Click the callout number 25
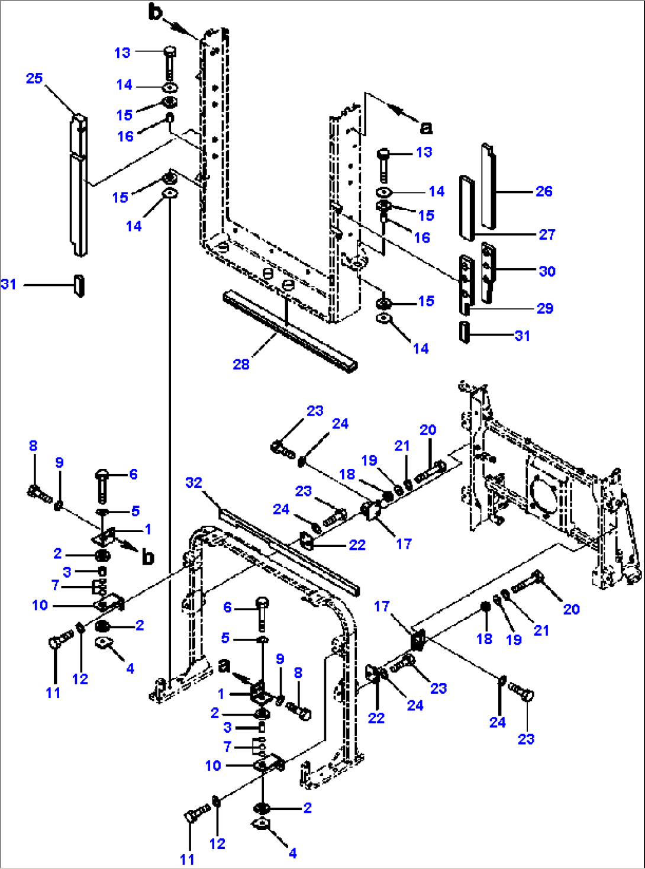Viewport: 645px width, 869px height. (x=34, y=78)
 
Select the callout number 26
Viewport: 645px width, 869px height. (x=544, y=191)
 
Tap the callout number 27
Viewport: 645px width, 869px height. (x=547, y=234)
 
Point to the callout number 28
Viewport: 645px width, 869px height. (x=241, y=364)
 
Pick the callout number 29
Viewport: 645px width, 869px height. (x=545, y=308)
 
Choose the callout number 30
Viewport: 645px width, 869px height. (x=547, y=271)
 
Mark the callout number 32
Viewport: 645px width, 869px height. (x=193, y=482)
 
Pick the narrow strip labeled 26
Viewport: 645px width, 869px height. (x=488, y=185)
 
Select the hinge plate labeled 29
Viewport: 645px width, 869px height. (x=466, y=283)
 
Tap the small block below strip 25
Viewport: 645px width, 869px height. (x=79, y=285)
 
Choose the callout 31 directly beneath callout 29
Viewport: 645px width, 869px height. (x=522, y=336)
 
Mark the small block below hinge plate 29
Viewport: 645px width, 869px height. (x=465, y=331)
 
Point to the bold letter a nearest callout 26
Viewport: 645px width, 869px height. (x=426, y=127)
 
